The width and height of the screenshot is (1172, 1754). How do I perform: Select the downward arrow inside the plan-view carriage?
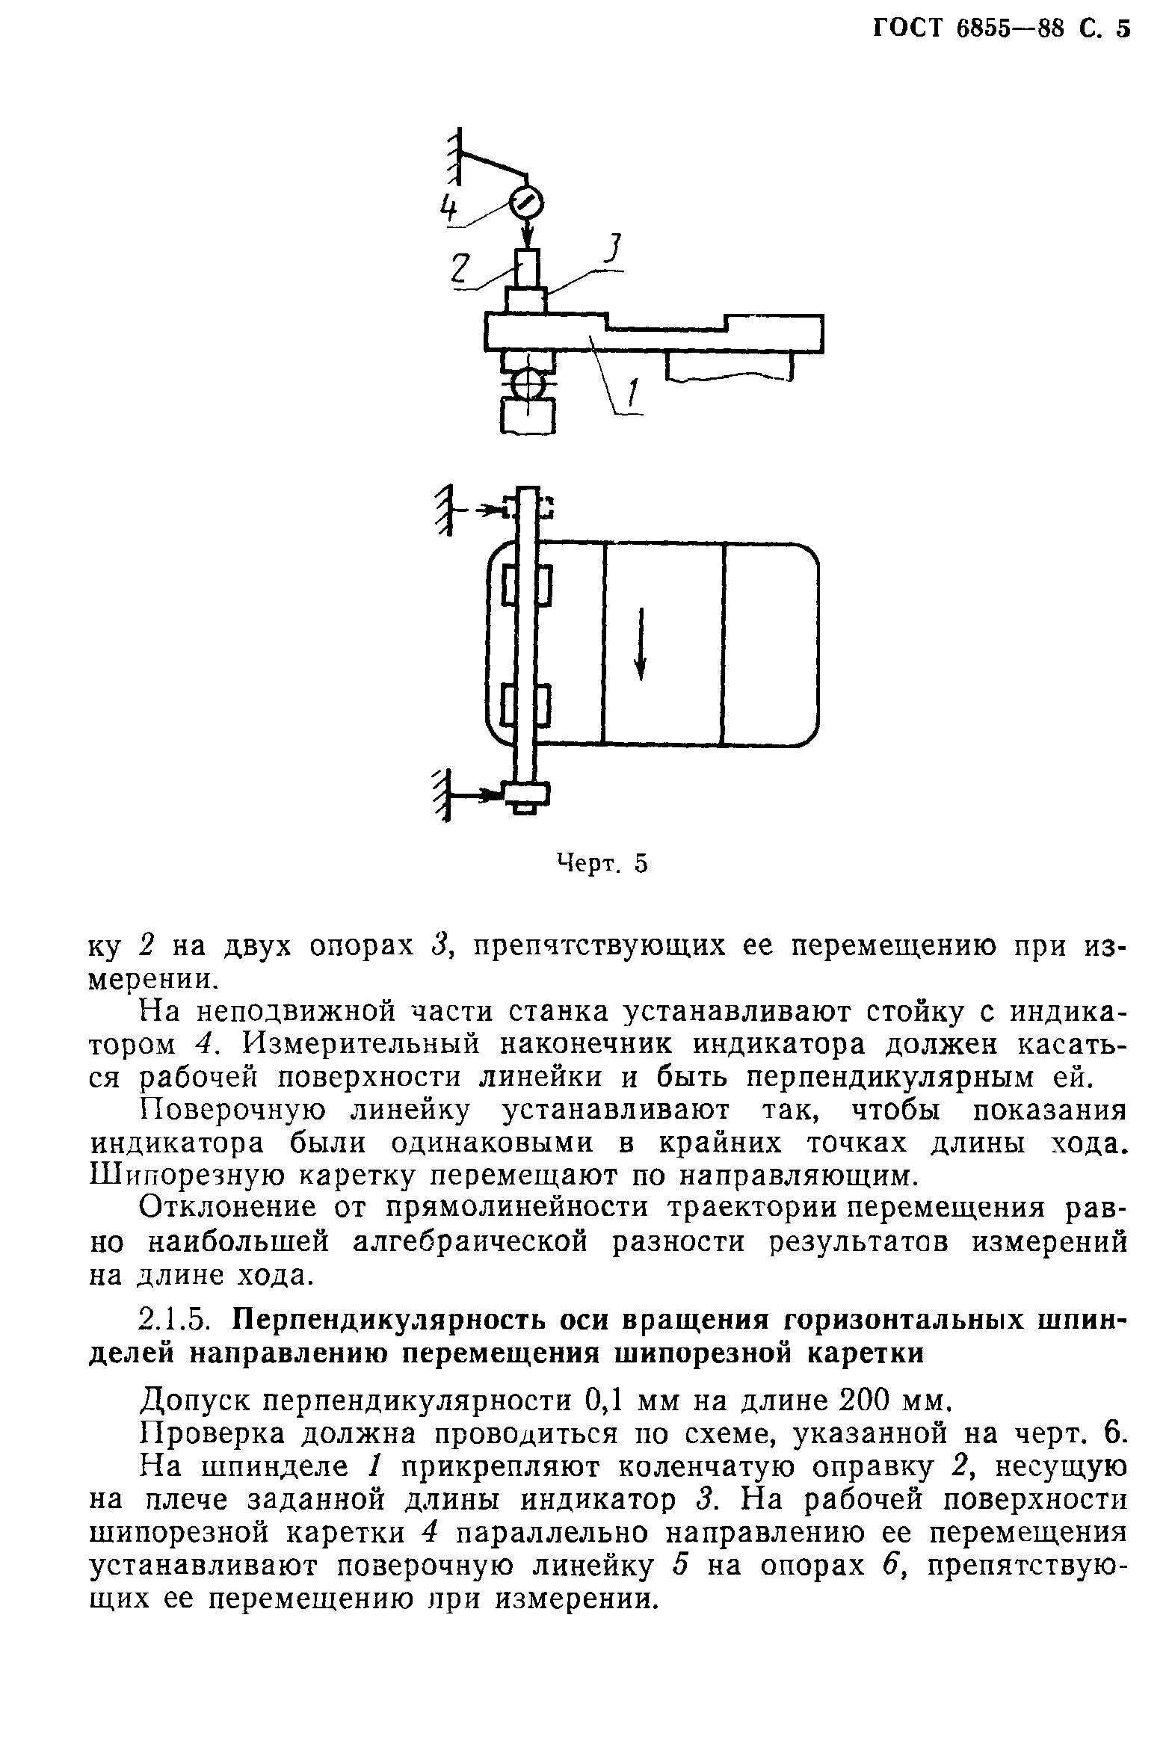pyautogui.click(x=640, y=643)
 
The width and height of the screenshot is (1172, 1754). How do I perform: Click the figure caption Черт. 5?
pyautogui.click(x=602, y=864)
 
